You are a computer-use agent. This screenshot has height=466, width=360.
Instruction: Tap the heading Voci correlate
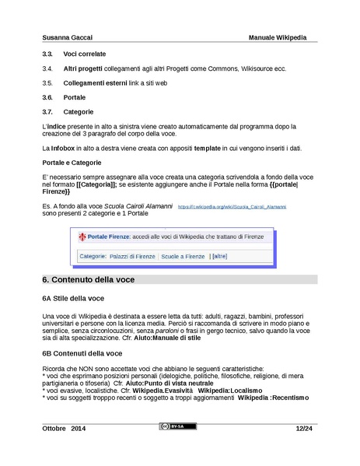(84, 55)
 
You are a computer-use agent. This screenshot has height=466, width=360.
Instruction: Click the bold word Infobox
(65, 147)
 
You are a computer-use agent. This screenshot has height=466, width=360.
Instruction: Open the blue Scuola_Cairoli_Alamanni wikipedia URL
(232, 207)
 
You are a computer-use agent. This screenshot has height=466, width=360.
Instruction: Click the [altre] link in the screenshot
(219, 256)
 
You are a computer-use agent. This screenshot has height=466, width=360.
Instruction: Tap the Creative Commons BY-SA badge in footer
(177, 426)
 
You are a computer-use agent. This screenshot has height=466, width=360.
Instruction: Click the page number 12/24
(303, 429)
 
